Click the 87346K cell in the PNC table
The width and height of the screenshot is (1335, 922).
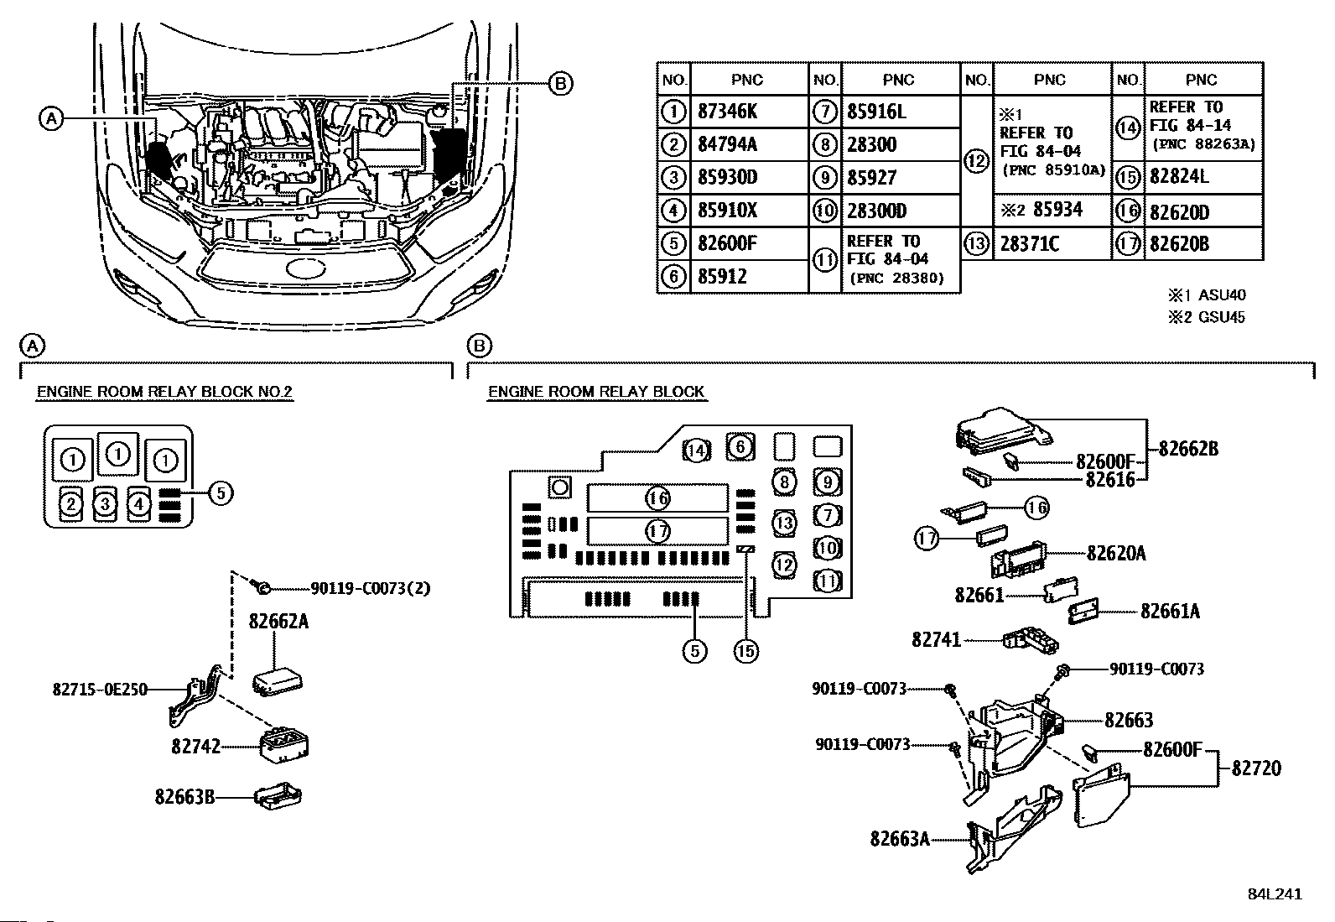pyautogui.click(x=727, y=112)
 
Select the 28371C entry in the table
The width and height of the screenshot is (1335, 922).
pyautogui.click(x=1029, y=244)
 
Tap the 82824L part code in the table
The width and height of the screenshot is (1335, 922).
pyautogui.click(x=1180, y=177)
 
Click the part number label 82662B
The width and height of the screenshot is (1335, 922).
pyautogui.click(x=1188, y=449)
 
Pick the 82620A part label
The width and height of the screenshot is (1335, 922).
pyautogui.click(x=1116, y=553)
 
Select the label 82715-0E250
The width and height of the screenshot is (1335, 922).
pyautogui.click(x=100, y=690)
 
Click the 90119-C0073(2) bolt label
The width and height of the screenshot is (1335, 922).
pyautogui.click(x=370, y=588)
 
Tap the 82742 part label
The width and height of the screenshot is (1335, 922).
pyautogui.click(x=195, y=746)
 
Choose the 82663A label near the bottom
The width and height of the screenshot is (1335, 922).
pyautogui.click(x=900, y=839)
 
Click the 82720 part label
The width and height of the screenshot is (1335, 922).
pyautogui.click(x=1256, y=768)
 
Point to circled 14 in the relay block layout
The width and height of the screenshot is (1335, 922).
pyautogui.click(x=696, y=451)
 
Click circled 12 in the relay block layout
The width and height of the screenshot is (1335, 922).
pyautogui.click(x=784, y=564)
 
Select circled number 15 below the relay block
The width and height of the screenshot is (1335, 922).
pyautogui.click(x=745, y=651)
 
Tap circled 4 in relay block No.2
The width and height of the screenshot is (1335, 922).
pyautogui.click(x=139, y=504)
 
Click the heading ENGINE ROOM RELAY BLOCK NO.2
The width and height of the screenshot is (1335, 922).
pyautogui.click(x=164, y=392)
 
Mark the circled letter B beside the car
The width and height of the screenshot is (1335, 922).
pyautogui.click(x=559, y=84)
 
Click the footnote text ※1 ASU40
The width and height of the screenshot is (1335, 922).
pyautogui.click(x=1206, y=294)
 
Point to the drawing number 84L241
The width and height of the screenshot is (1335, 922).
pyautogui.click(x=1275, y=894)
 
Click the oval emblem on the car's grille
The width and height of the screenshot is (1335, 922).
pyautogui.click(x=306, y=269)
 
